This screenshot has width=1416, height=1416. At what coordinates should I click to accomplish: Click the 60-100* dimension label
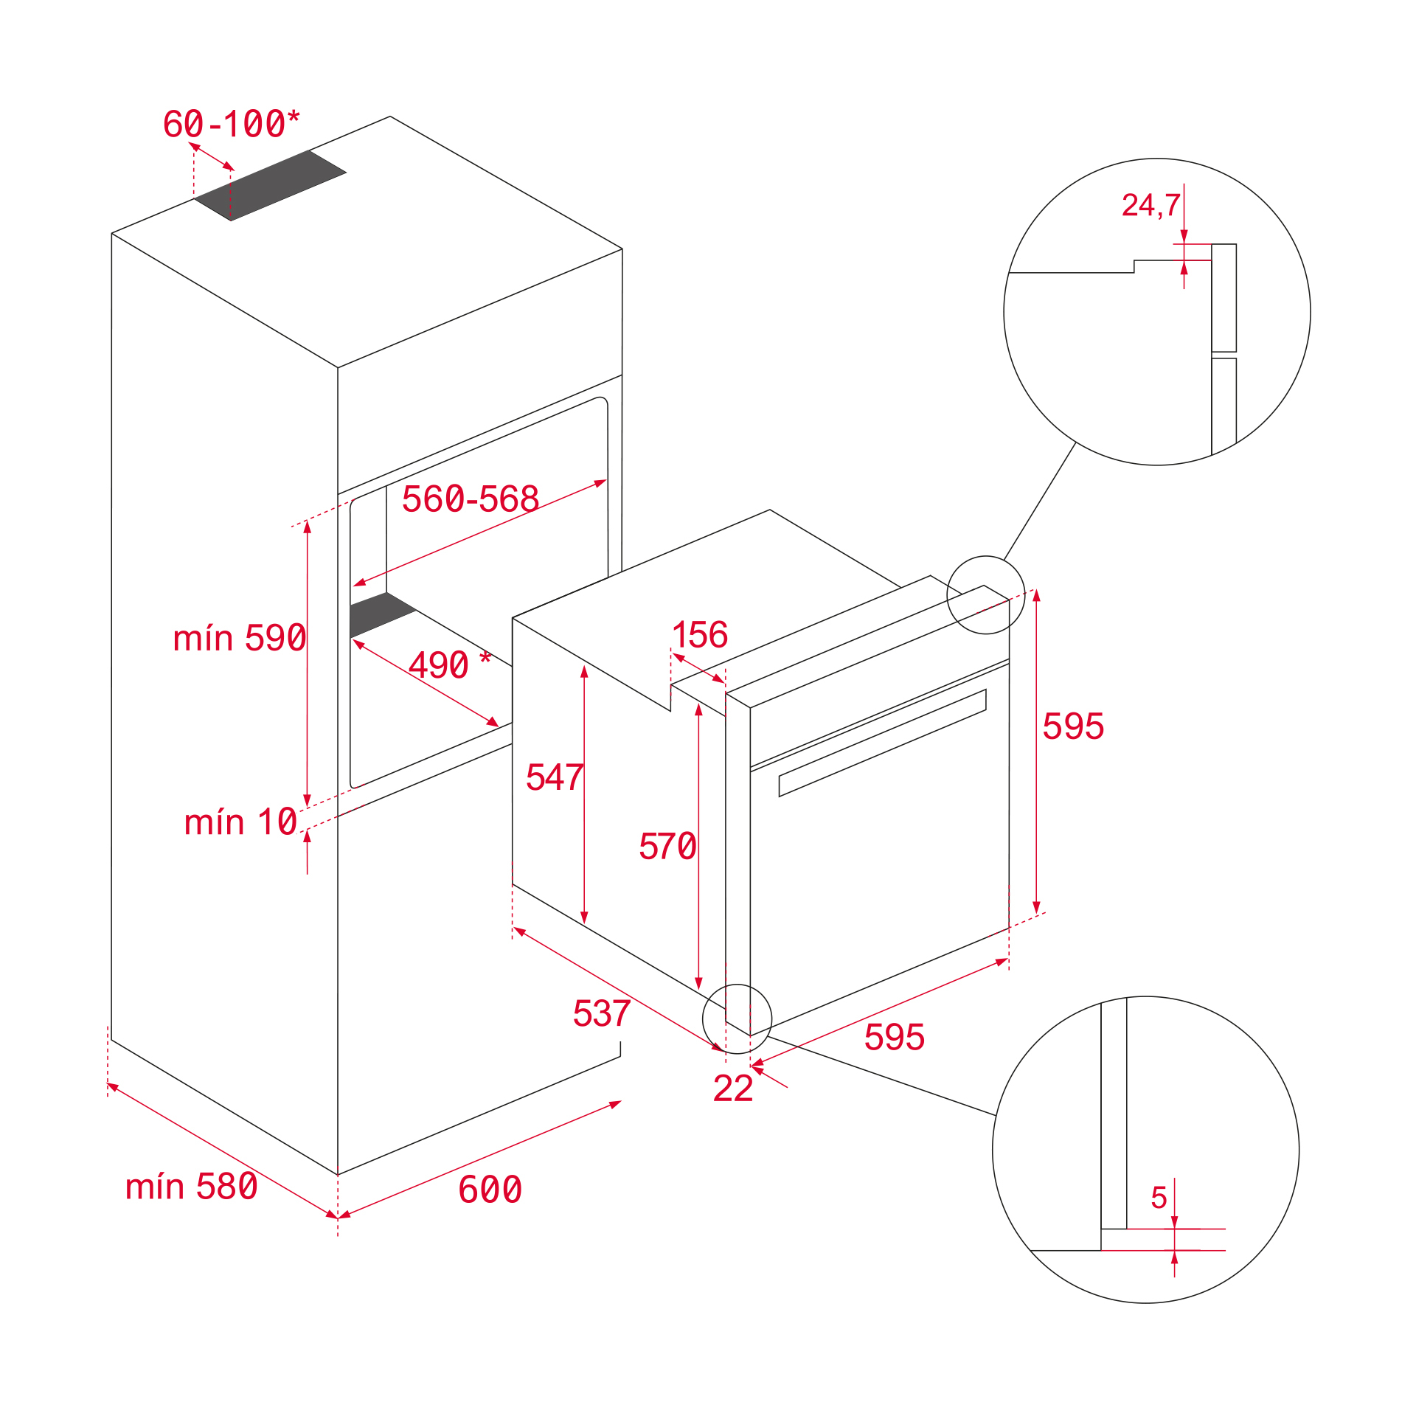click(231, 124)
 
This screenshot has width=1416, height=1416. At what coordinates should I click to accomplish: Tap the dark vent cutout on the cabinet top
click(270, 185)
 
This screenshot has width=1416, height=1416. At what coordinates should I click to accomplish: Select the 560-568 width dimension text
click(470, 499)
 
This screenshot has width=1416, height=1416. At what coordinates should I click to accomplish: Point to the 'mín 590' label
click(239, 638)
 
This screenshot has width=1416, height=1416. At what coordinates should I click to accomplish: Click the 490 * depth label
click(449, 665)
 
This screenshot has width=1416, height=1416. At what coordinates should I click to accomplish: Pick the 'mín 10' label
click(240, 822)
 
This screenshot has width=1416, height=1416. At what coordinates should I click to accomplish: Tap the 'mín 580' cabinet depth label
click(191, 1187)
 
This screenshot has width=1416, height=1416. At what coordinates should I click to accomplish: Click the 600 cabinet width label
click(490, 1190)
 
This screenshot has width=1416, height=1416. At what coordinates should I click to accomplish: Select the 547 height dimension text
click(554, 777)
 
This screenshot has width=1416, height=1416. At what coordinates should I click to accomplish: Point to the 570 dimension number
click(667, 846)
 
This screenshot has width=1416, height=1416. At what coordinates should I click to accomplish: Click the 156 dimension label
click(700, 635)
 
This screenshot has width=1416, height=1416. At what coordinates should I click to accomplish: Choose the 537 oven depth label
click(601, 1013)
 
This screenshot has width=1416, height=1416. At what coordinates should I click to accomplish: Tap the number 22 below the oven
click(732, 1089)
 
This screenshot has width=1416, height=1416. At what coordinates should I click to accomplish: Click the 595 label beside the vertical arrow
click(1072, 726)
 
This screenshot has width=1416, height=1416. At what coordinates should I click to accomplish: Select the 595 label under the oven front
click(894, 1037)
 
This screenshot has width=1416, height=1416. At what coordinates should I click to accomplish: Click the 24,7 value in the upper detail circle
click(1150, 205)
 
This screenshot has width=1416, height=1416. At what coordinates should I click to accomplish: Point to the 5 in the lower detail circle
click(1159, 1198)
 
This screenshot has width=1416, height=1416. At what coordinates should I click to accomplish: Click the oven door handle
click(882, 743)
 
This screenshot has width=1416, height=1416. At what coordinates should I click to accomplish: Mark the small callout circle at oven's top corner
click(985, 595)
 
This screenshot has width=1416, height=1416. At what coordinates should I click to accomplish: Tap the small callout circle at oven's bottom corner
click(737, 1019)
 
